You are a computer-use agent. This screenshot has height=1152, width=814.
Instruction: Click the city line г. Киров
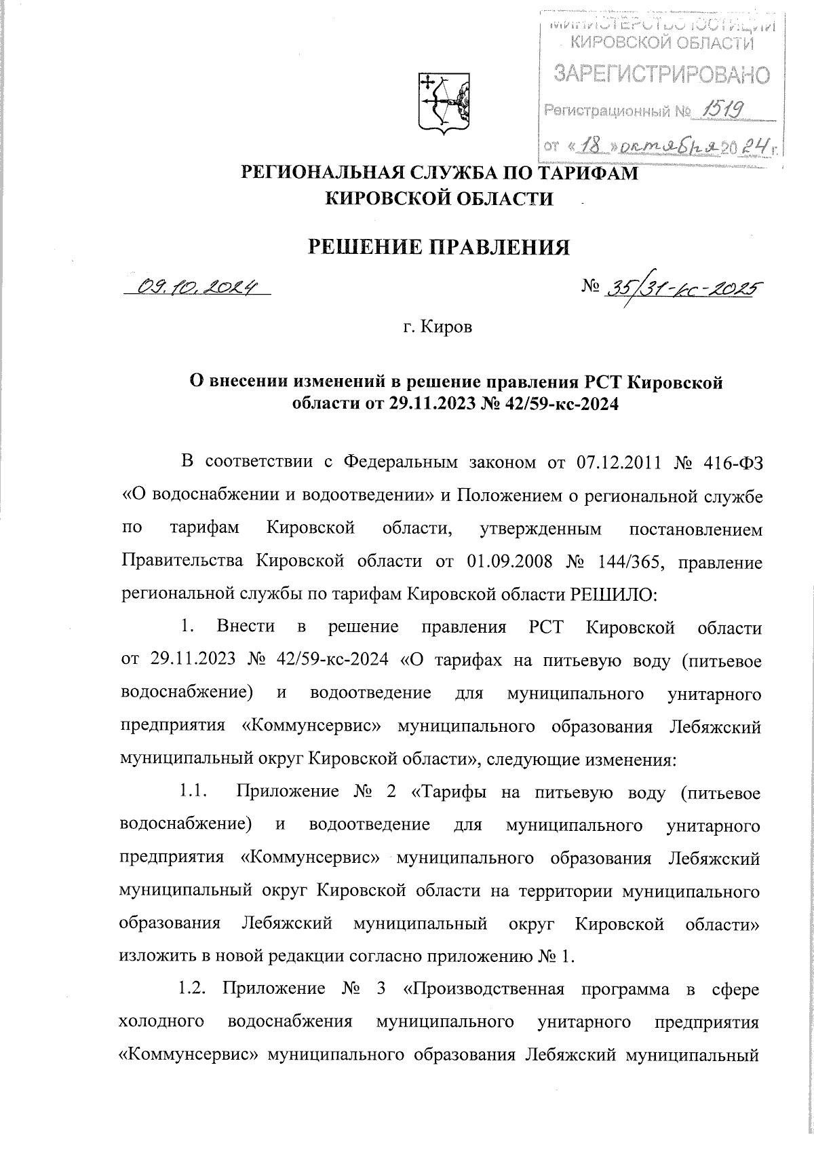438,329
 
